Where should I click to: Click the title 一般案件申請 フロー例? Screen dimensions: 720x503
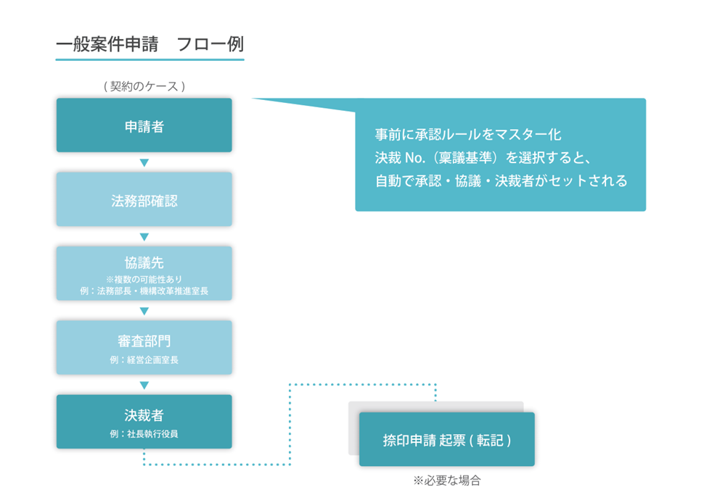150,44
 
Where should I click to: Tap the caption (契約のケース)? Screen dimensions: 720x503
144,86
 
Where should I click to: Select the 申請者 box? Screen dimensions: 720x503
144,125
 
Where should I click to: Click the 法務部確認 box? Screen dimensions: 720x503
144,199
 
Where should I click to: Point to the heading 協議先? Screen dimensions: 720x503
144,262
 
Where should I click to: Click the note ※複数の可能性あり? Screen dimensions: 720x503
144,279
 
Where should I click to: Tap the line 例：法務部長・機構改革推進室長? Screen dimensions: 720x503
144,291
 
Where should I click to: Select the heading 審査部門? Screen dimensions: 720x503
144,341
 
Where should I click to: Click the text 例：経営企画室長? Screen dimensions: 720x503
144,360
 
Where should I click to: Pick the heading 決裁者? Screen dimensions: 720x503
144,415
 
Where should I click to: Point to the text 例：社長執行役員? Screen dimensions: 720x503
144,433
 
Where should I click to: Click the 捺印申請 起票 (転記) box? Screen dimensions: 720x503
447,439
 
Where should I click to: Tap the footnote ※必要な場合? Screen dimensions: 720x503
447,481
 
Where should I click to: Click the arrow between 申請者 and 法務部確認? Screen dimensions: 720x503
144,163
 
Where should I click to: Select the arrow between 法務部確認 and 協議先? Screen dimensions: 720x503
144,237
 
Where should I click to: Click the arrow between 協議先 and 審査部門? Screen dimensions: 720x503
144,311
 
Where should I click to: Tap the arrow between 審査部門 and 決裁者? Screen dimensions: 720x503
144,385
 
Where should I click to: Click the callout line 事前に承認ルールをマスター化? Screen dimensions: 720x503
468,134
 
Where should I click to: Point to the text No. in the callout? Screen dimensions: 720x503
416,158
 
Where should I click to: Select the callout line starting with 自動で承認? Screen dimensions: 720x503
501,181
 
